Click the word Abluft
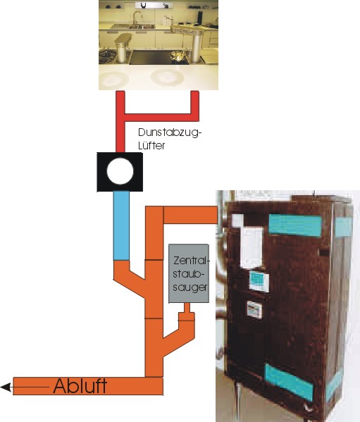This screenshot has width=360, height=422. [80, 386]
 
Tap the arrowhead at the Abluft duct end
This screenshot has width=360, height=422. [6, 387]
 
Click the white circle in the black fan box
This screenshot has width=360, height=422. [120, 171]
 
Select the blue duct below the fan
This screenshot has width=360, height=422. [121, 225]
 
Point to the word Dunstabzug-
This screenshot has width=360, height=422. [170, 133]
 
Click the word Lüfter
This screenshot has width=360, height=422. [151, 145]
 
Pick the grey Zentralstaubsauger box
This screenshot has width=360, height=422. [189, 273]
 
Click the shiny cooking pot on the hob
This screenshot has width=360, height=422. [178, 56]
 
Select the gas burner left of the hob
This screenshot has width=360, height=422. [107, 56]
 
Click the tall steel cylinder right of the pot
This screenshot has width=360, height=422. [197, 49]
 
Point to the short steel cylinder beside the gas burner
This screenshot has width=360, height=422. [123, 49]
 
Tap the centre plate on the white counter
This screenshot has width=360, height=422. [167, 77]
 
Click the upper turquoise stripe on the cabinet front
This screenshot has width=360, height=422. [295, 225]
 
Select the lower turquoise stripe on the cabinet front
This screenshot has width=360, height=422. [289, 382]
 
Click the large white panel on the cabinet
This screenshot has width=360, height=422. [252, 247]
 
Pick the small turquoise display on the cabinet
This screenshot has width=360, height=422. [259, 281]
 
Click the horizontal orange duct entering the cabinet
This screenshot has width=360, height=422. [190, 214]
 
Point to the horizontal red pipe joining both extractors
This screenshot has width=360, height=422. [161, 118]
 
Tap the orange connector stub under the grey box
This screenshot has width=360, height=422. [187, 312]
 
